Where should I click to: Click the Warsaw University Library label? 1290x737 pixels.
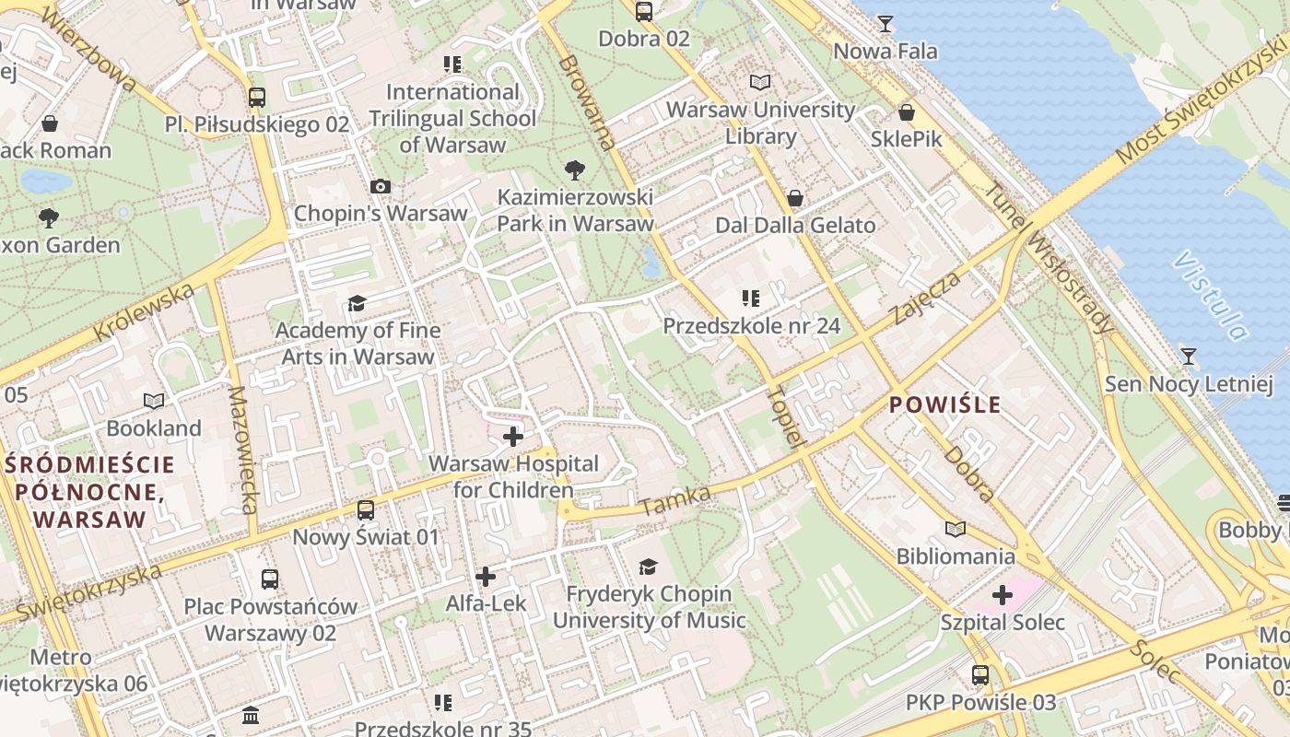(760, 123)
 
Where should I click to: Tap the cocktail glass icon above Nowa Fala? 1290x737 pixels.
(885, 23)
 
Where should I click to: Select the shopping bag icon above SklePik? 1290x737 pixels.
(907, 112)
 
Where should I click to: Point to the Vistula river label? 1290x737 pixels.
(1210, 295)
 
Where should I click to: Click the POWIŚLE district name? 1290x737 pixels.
(944, 404)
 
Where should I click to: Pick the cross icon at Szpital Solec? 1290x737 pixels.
(1003, 595)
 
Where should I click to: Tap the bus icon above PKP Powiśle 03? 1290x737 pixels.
(980, 675)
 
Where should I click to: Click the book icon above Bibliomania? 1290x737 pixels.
(956, 530)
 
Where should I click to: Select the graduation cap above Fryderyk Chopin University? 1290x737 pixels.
(649, 567)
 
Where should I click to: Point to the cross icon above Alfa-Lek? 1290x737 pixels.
(486, 577)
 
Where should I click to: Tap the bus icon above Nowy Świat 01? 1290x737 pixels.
(366, 509)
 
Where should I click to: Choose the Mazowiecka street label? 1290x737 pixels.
(241, 449)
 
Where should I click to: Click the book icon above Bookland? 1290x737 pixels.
(154, 401)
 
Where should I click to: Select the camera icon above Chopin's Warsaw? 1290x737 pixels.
(380, 186)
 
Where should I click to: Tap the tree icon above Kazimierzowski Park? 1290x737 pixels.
(575, 170)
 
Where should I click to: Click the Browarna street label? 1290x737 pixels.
(586, 102)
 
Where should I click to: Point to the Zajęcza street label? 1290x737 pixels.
(926, 297)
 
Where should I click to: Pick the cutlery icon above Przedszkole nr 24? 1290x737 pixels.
(751, 298)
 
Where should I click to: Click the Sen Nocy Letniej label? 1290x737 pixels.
(1188, 383)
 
